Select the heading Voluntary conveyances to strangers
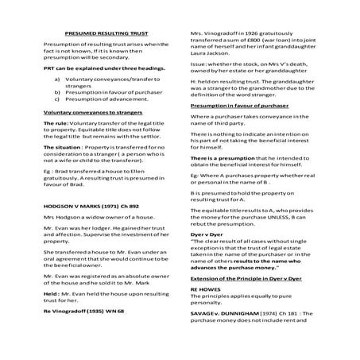click(87, 113)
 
